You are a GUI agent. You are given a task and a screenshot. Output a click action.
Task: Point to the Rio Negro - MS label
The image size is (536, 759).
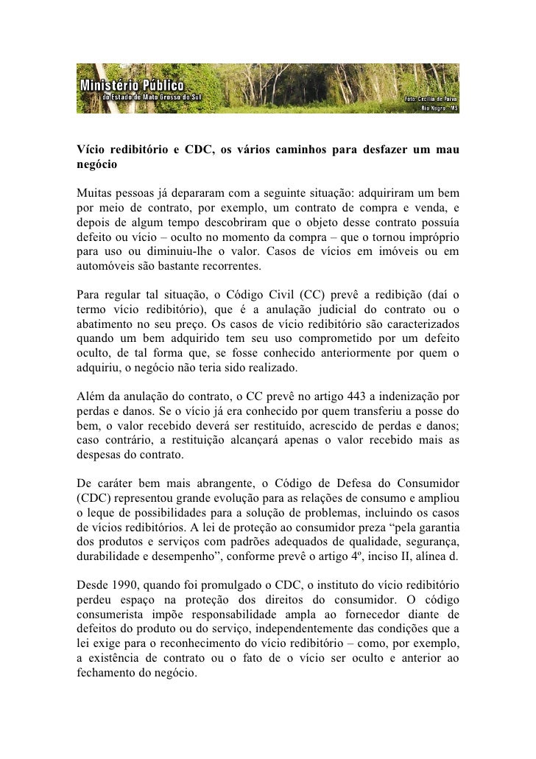click(439, 108)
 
